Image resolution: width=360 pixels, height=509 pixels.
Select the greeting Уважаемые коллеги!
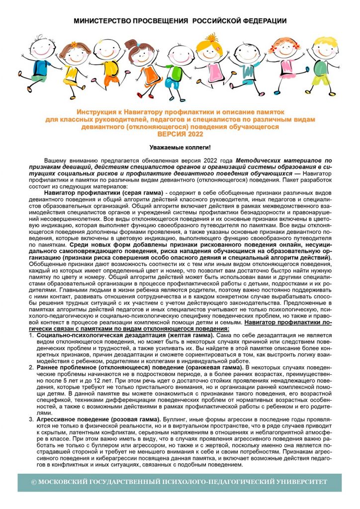(180, 148)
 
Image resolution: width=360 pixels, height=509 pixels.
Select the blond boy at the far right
(324, 65)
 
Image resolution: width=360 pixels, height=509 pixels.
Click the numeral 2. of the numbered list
(32, 367)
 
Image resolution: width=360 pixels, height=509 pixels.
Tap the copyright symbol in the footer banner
(34, 483)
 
